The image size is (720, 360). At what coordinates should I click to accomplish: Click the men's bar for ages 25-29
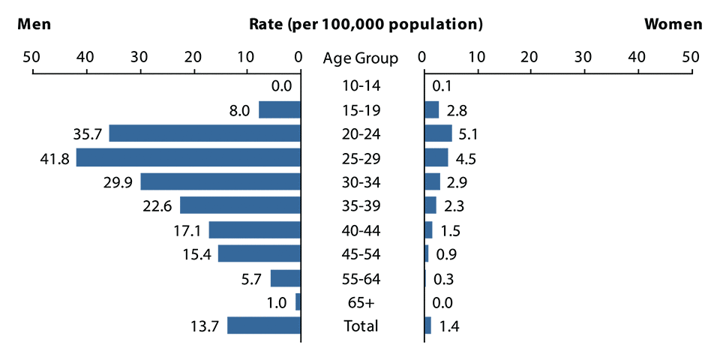click(x=188, y=157)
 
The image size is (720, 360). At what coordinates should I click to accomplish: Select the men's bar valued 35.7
click(x=205, y=133)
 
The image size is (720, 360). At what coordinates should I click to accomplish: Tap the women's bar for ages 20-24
click(x=438, y=133)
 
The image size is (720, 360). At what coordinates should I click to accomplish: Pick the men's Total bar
click(x=264, y=325)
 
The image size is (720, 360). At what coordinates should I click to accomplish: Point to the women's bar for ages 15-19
click(x=431, y=109)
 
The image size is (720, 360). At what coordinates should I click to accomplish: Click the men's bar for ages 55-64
click(x=285, y=278)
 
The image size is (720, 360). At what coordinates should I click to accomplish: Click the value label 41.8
click(x=55, y=158)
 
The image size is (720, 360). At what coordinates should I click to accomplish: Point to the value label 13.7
click(x=206, y=326)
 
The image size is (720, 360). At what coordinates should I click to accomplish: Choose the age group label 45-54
click(x=361, y=254)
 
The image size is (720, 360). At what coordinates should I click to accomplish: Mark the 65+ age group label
click(x=361, y=302)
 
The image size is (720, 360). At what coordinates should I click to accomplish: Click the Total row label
click(x=361, y=326)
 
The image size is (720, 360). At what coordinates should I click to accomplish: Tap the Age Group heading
click(x=361, y=58)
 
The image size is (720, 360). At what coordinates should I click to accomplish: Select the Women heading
click(x=673, y=24)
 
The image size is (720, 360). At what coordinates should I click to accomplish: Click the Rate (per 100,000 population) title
click(x=365, y=24)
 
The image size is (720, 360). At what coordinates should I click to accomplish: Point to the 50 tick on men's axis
click(x=31, y=57)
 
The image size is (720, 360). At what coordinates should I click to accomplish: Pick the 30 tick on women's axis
click(x=583, y=57)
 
